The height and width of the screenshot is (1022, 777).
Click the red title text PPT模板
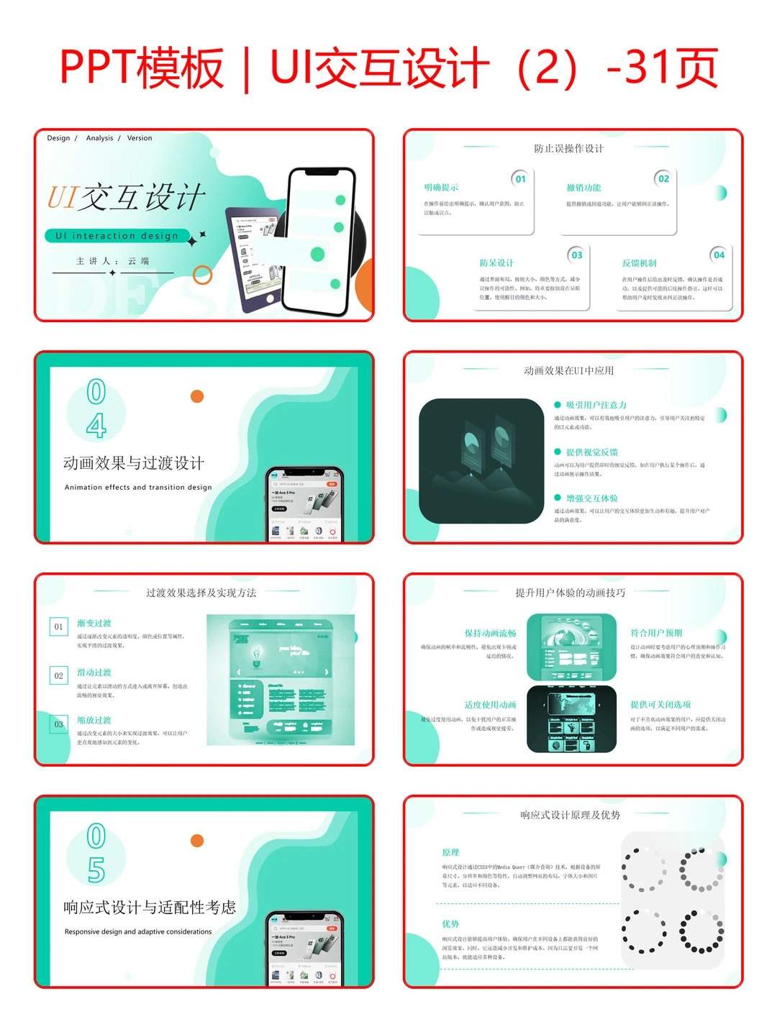142,68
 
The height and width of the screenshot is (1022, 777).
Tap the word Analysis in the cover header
99,138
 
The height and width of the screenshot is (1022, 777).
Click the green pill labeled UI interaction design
117,236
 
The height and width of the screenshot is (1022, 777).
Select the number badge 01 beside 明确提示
520,179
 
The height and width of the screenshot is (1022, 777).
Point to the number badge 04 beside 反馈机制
719,255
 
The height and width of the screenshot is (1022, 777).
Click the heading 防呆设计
496,263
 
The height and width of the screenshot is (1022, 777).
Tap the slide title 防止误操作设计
568,149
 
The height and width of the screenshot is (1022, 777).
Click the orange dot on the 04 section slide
197,396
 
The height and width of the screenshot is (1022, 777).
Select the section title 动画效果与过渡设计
134,463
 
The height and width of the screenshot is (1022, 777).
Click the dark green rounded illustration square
481,461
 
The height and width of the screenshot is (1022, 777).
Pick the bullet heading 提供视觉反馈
591,452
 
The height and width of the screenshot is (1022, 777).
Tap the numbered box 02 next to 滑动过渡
59,676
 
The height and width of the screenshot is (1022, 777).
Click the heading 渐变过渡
94,624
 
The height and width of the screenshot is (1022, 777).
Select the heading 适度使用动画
490,705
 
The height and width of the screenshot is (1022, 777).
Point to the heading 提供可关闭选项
660,705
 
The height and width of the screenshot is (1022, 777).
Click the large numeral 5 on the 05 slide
96,870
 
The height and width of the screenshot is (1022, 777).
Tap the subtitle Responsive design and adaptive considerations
138,932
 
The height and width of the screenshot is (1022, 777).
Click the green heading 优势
450,924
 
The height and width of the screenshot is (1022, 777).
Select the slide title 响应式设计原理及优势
570,816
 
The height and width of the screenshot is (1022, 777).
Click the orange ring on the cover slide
203,275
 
